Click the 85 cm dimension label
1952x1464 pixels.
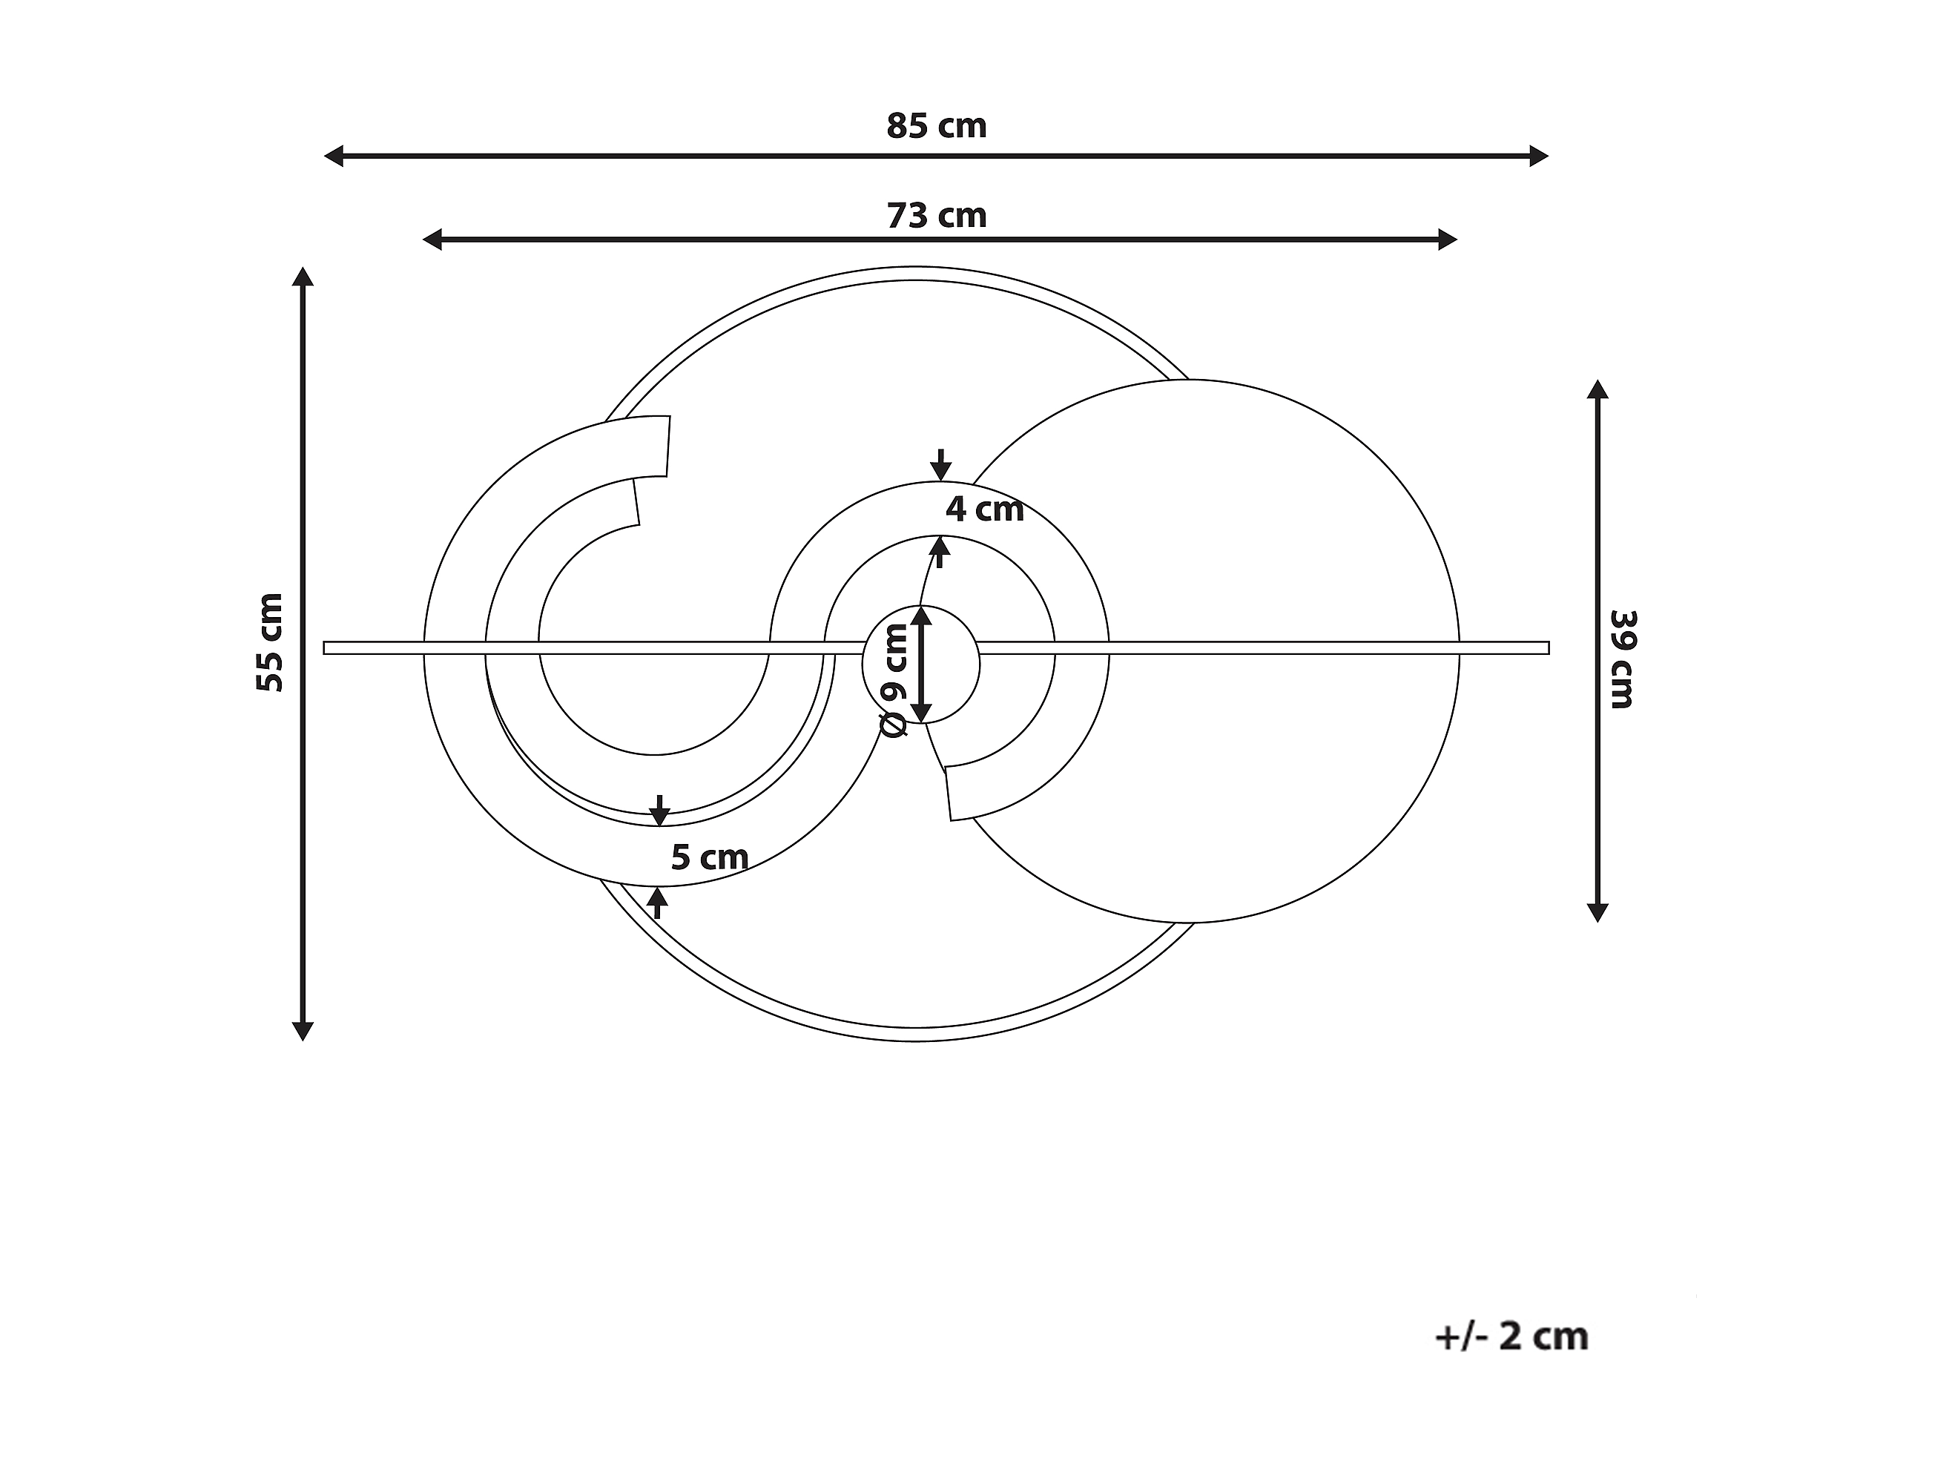click(x=936, y=126)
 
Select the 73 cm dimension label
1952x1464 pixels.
click(x=936, y=217)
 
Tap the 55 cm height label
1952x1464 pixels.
click(x=270, y=642)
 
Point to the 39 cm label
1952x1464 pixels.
click(x=1622, y=659)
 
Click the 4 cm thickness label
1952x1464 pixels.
click(x=984, y=510)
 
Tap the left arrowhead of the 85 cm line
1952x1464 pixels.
click(x=334, y=156)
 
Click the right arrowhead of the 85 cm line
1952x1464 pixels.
click(x=1539, y=156)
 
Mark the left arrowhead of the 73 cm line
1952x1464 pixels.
click(x=432, y=239)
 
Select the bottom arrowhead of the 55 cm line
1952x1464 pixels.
click(x=303, y=1031)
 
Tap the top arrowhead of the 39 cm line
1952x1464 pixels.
click(x=1597, y=390)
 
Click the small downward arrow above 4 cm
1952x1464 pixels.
click(x=940, y=466)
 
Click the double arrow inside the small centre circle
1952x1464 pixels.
click(x=920, y=665)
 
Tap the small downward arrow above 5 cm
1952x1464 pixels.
click(x=659, y=811)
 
